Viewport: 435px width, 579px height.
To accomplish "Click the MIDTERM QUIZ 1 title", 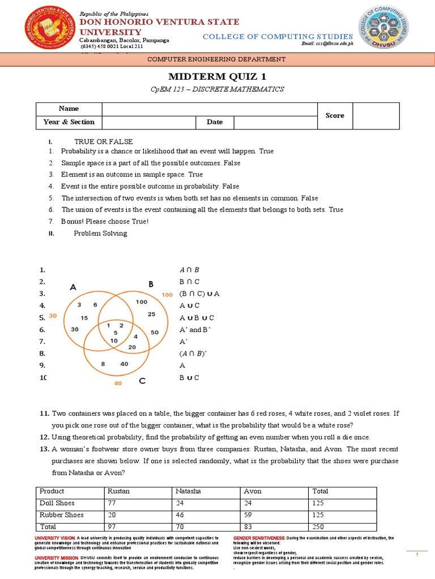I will click(x=217, y=76).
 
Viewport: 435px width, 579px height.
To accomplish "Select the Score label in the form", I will click(x=335, y=115).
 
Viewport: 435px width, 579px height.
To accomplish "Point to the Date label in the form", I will click(x=215, y=122).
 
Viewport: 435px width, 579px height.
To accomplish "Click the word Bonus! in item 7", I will click(x=74, y=222).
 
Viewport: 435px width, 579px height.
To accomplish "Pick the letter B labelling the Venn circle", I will click(x=151, y=284).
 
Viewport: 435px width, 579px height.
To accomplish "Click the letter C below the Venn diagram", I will click(x=142, y=382).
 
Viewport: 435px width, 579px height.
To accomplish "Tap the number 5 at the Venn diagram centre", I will click(x=116, y=332).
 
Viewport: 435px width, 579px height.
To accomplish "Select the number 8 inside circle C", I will click(x=103, y=364).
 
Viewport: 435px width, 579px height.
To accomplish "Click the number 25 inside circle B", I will click(x=151, y=314).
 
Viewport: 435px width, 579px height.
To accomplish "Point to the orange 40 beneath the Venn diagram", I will click(x=118, y=383).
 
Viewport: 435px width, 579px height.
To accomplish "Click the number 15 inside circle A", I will click(x=84, y=318).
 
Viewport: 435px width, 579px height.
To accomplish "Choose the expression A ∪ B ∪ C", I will click(x=197, y=318).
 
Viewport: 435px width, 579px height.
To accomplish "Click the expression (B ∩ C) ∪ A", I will click(x=199, y=294).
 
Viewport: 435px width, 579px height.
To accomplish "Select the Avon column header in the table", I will click(x=253, y=491).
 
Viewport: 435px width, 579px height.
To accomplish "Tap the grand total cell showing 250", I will click(x=318, y=527).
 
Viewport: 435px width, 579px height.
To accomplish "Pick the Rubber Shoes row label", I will click(x=62, y=515).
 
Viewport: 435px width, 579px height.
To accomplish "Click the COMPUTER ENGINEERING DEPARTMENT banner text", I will click(x=217, y=59).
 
